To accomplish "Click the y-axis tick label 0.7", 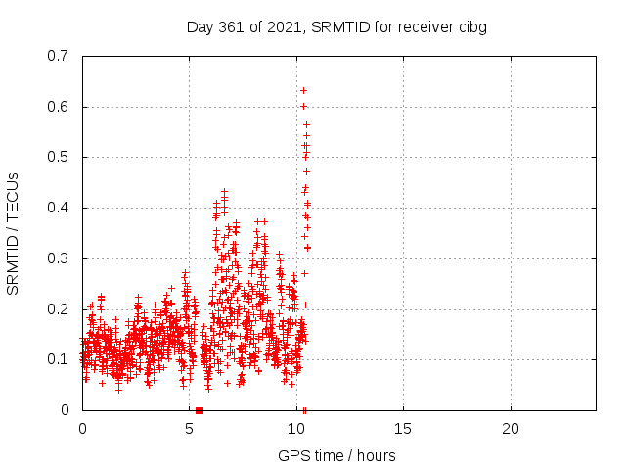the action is coord(58,56).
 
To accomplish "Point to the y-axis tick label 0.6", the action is coord(58,107).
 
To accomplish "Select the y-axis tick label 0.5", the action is coord(58,157).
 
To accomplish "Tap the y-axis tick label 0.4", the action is coord(58,208).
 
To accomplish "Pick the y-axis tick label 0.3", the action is coord(58,258).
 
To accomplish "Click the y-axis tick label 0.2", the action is coord(58,309).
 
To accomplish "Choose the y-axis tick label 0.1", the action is coord(58,359).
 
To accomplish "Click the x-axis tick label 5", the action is coord(189,429).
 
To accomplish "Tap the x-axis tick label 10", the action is coord(296,429).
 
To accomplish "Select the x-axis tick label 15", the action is coord(403,429).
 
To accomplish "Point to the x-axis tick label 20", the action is coord(511,429).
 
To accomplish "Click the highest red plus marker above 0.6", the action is coord(303,91).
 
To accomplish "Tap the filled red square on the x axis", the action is coord(200,410).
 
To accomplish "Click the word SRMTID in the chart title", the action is coord(340,27).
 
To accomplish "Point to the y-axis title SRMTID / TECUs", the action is coord(13,234).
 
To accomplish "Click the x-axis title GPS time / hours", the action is coord(336,455).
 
